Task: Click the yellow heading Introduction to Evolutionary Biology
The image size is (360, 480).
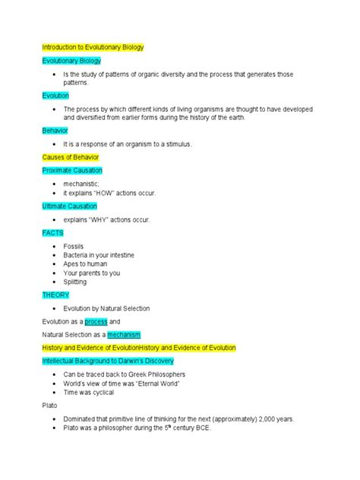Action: point(93,47)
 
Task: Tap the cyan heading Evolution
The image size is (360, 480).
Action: point(55,96)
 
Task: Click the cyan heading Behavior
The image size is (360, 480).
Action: point(55,131)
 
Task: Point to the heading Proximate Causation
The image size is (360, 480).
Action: point(72,170)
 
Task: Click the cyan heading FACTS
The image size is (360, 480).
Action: point(53,232)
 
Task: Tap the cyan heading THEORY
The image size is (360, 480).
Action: point(56,295)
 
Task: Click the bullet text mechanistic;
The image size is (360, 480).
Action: point(81,184)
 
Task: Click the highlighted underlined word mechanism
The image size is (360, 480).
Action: point(124,334)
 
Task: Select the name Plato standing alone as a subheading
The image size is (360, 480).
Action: point(49,406)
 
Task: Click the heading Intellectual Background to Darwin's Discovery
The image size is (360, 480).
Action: point(108,361)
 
